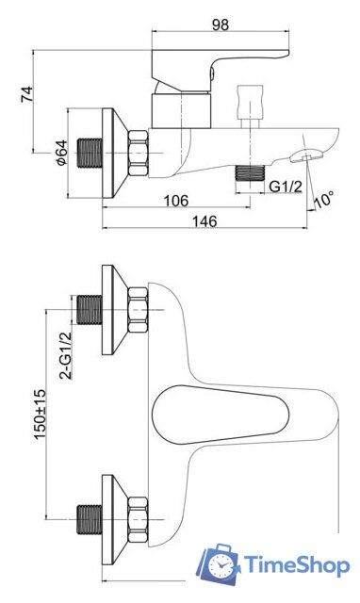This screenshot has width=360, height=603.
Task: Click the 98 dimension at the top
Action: click(220, 24)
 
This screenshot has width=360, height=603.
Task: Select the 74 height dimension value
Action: click(27, 94)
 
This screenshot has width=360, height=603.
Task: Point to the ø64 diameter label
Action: click(61, 153)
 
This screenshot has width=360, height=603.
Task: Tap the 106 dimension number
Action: click(176, 201)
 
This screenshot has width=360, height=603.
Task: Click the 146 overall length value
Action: click(205, 221)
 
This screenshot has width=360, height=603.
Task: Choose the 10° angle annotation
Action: click(323, 200)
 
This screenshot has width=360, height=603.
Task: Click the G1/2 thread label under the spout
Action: click(286, 187)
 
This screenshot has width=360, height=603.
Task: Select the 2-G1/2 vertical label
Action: click(66, 355)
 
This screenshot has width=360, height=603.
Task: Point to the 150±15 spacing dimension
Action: click(40, 414)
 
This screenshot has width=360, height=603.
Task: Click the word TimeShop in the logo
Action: click(297, 565)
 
